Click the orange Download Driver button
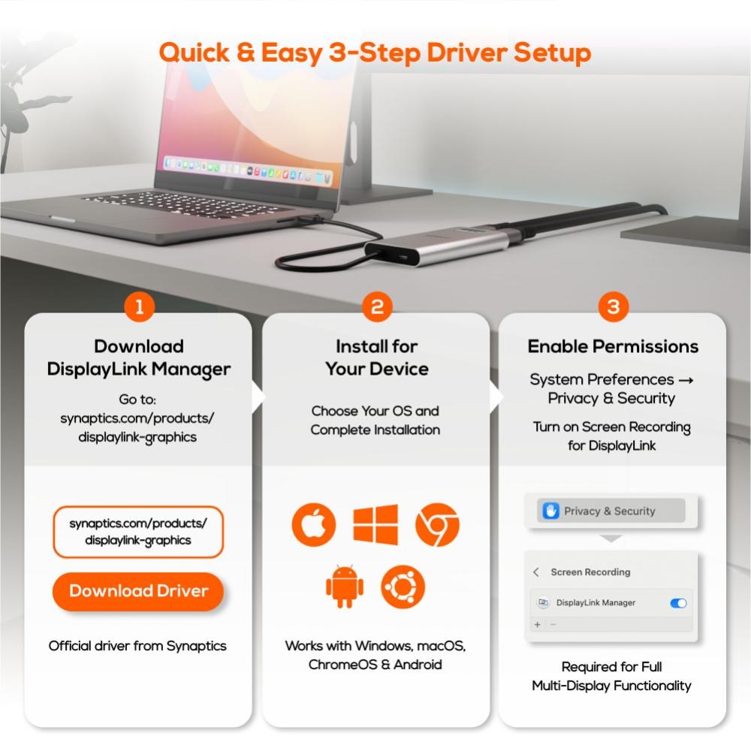coord(138,591)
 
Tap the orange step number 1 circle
coord(140,306)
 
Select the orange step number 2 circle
coord(377,306)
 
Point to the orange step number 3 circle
coord(614,306)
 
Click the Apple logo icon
coord(314,524)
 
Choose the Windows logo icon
coord(375,524)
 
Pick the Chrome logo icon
coord(437,524)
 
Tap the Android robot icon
coord(345,587)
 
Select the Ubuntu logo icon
coord(403,587)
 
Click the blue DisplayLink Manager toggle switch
coord(678,603)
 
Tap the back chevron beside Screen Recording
coord(536,572)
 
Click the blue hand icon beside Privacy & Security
coord(550,511)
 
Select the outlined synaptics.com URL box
coord(138,532)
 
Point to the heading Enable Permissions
coord(613,346)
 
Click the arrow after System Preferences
coord(686,380)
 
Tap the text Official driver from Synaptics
coord(137,646)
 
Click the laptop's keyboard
coord(187,205)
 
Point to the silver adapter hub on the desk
coord(436,246)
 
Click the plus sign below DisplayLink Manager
coord(538,625)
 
